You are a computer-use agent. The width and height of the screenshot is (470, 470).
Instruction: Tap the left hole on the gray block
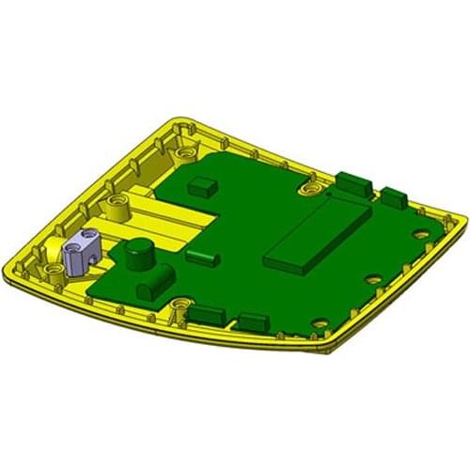70,245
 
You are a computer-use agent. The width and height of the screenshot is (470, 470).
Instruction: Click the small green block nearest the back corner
201,184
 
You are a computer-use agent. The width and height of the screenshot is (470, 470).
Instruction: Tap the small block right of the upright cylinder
201,255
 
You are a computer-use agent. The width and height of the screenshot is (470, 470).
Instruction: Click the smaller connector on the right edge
394,196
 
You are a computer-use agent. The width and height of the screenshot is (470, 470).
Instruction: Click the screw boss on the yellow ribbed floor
117,202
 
